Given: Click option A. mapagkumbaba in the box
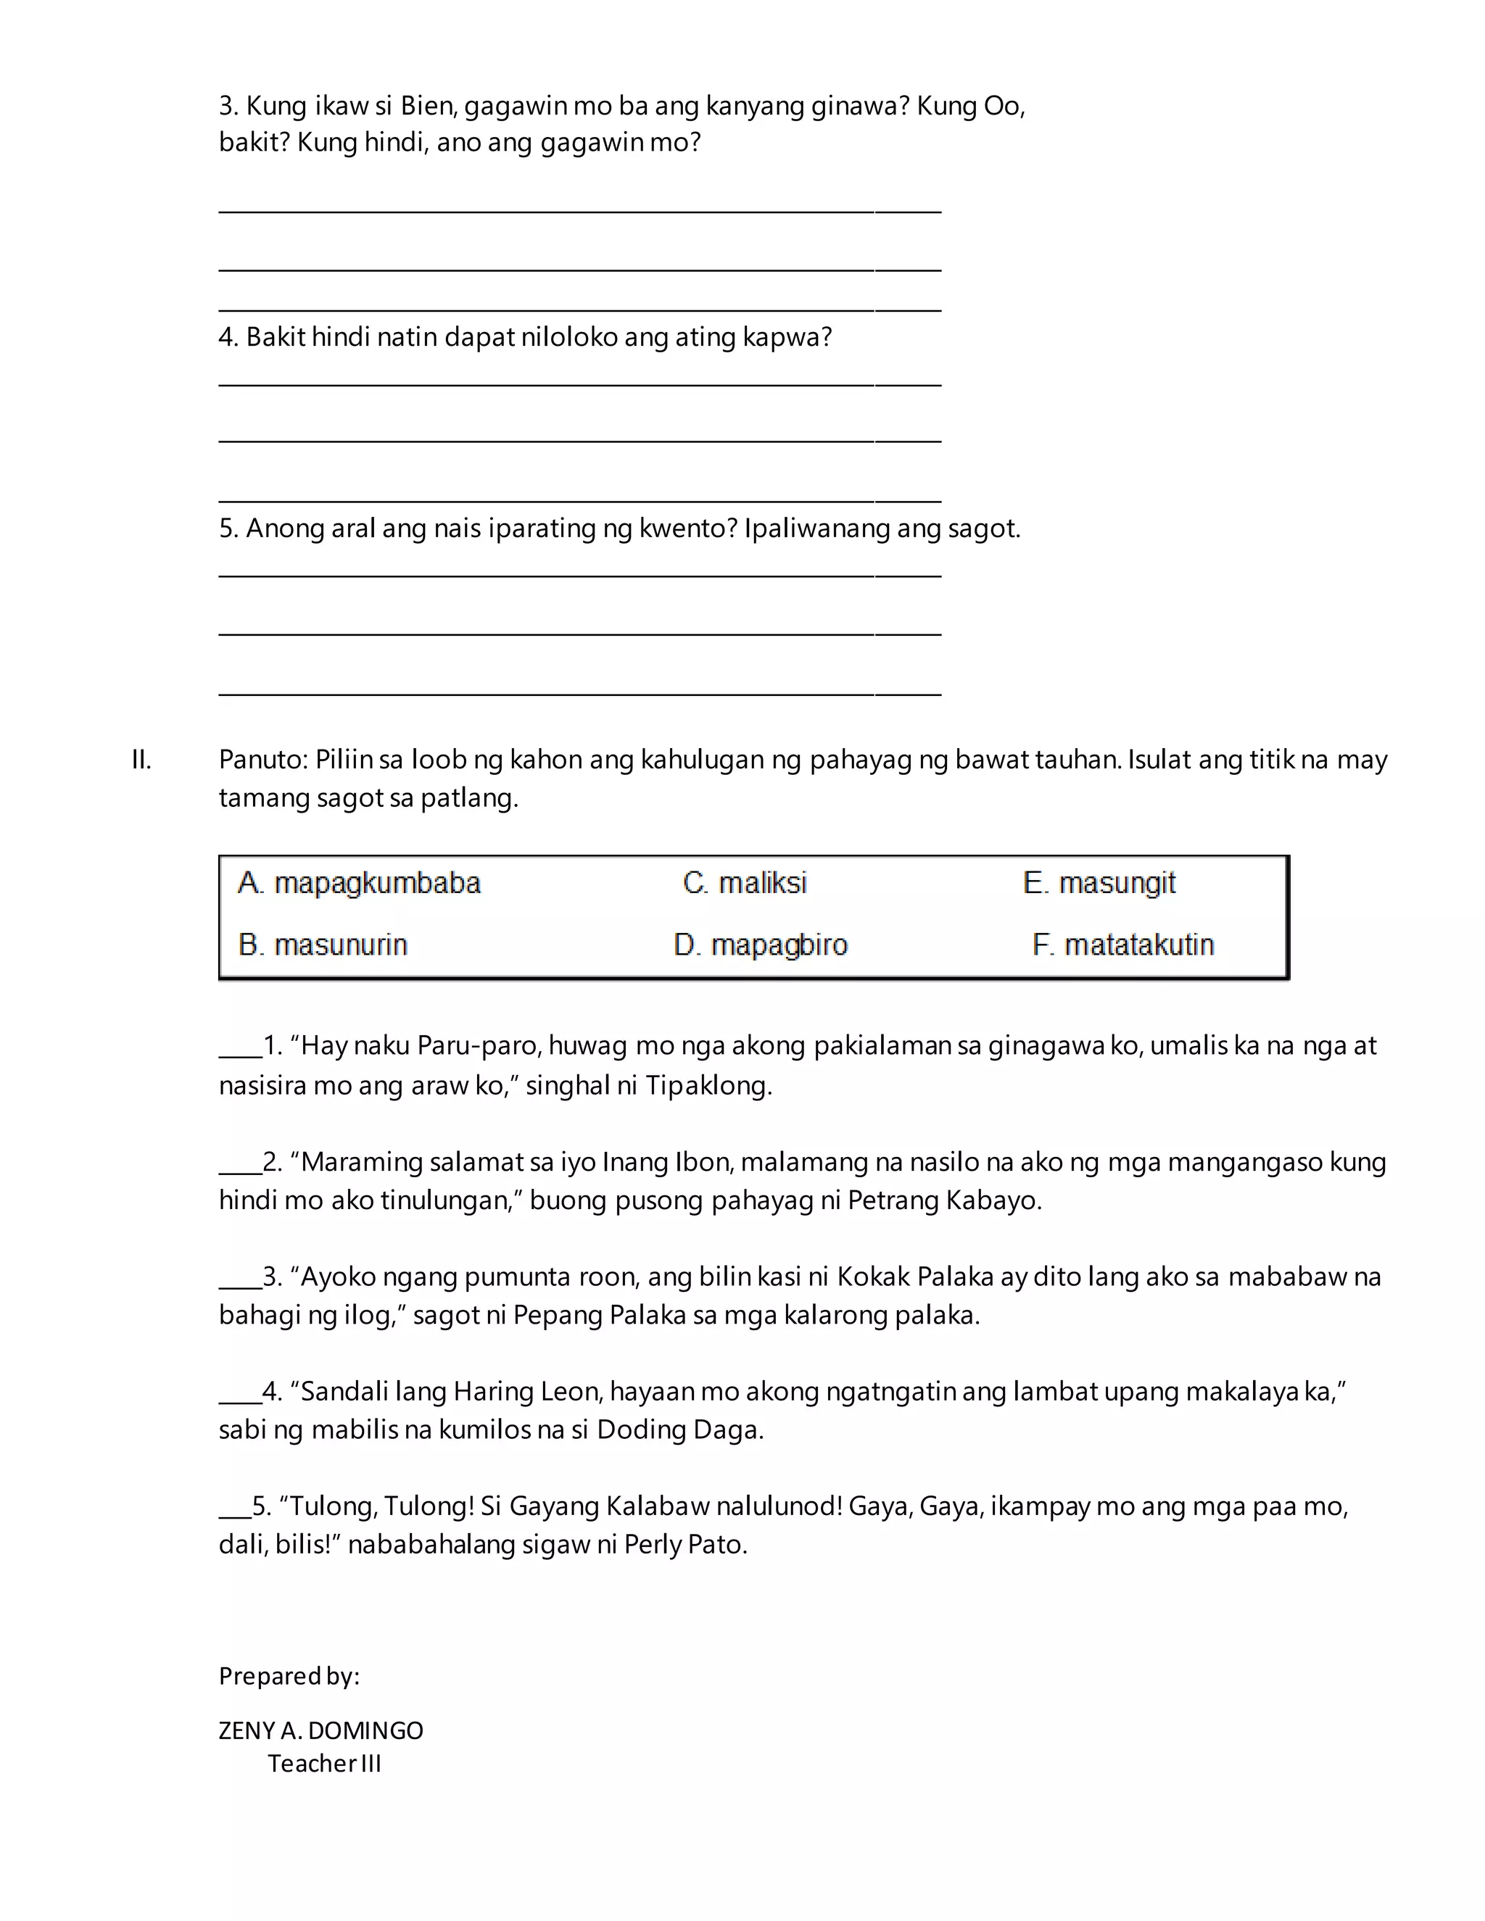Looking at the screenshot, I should (359, 882).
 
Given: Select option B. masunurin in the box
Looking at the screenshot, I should (323, 945).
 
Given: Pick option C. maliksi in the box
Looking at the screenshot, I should (744, 882).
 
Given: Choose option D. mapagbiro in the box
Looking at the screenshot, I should (760, 945).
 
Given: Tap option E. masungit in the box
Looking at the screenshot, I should (1099, 882).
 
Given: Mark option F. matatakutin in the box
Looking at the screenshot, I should (1122, 945).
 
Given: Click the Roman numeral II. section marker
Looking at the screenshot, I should (141, 760).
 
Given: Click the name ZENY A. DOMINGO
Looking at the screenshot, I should (321, 1730).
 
